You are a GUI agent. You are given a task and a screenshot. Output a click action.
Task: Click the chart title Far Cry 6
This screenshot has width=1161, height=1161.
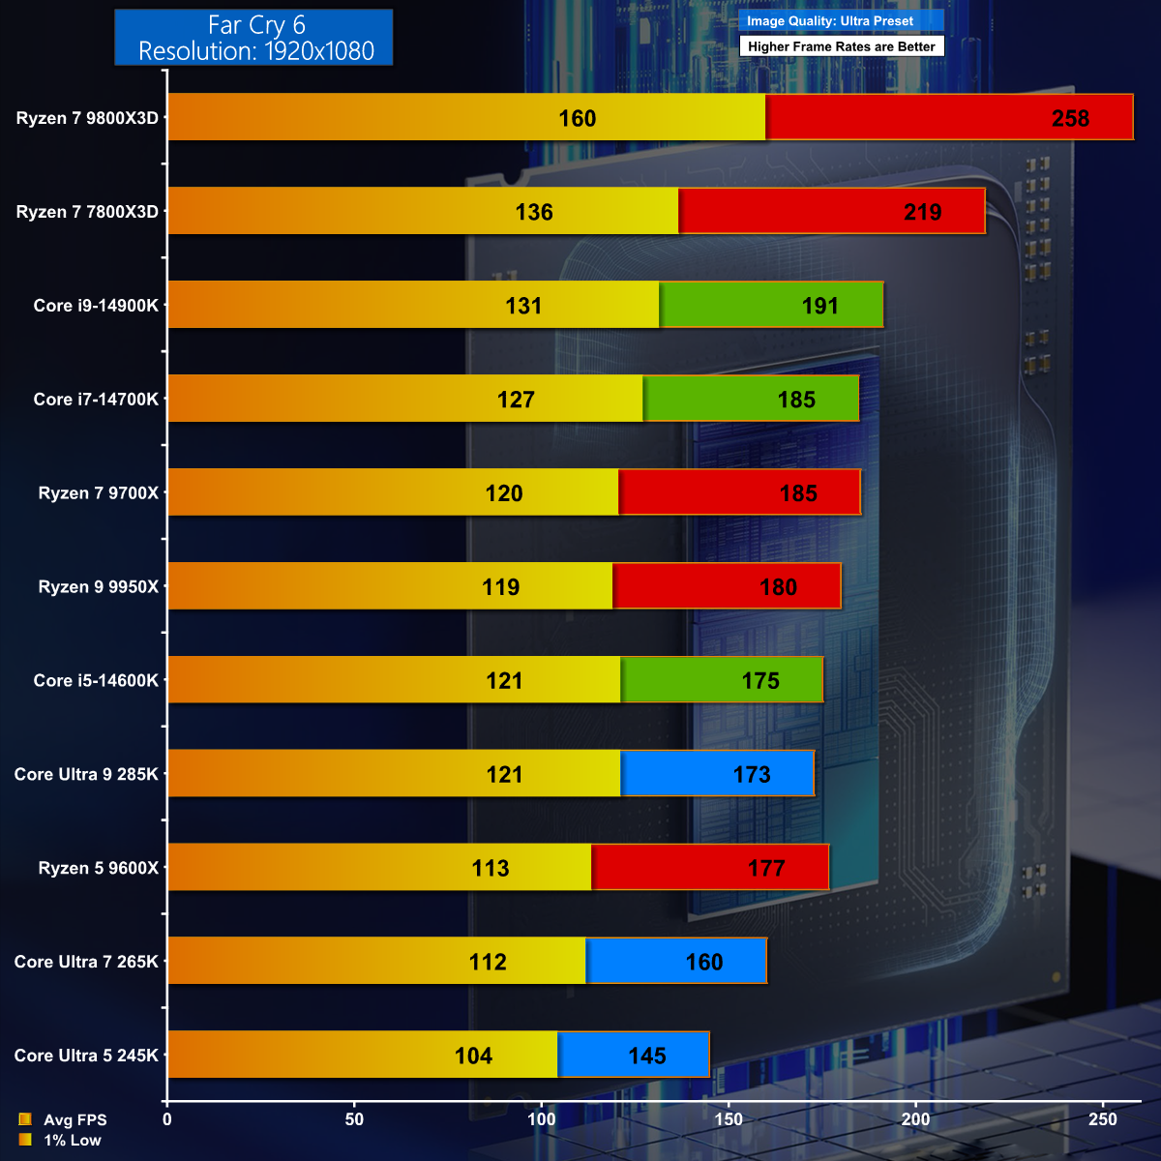255,25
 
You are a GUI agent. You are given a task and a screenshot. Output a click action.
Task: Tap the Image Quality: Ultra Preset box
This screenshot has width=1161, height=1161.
840,21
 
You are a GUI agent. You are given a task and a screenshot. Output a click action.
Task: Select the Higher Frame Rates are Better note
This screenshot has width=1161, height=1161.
841,46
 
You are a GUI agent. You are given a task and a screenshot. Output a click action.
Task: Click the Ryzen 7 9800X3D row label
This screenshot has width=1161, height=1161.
87,118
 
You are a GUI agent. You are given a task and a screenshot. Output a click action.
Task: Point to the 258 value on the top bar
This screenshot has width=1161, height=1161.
1070,118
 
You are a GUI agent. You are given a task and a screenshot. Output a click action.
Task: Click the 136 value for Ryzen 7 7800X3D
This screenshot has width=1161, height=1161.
534,212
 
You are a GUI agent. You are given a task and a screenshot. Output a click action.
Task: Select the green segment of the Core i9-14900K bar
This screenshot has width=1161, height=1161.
771,305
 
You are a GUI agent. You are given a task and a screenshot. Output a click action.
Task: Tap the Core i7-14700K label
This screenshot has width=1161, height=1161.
96,399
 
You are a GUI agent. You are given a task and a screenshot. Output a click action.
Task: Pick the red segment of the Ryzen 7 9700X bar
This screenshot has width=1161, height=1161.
739,492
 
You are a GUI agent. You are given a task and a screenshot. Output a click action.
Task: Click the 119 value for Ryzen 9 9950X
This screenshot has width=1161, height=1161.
501,587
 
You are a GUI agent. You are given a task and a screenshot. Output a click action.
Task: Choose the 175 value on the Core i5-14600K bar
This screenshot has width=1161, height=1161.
760,681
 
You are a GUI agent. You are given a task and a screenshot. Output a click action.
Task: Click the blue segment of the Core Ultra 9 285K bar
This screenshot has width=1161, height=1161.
716,774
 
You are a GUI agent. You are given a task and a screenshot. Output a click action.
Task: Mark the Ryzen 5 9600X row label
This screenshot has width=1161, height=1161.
98,868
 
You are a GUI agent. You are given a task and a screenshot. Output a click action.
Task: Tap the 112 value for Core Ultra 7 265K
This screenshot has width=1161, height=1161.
488,962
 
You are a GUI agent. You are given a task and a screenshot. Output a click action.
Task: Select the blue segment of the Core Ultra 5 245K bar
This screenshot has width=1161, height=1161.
634,1055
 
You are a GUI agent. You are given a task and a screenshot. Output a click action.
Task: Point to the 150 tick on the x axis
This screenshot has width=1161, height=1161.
729,1119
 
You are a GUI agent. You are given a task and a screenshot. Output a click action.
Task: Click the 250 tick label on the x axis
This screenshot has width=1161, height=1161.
1102,1119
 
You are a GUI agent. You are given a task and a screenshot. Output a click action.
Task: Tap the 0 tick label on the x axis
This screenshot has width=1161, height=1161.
167,1119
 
